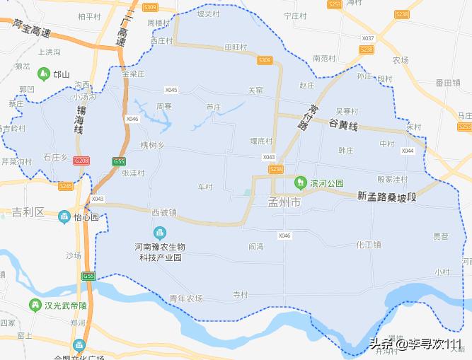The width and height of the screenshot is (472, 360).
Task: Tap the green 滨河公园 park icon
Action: (x=300, y=182)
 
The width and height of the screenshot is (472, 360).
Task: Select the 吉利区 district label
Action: (x=28, y=212)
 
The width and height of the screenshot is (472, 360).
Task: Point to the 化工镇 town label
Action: (x=368, y=245)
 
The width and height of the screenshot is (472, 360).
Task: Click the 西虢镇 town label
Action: (x=163, y=211)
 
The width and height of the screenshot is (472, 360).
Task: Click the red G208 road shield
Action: (x=81, y=161)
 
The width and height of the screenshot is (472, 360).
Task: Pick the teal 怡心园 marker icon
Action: (x=64, y=216)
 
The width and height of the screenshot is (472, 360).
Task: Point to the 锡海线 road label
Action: (x=79, y=121)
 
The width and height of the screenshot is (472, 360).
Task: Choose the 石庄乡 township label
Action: (x=54, y=157)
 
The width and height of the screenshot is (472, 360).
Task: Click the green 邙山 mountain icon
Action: (x=42, y=74)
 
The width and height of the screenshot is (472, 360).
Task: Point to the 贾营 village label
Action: (x=440, y=236)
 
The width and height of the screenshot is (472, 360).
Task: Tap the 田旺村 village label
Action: (x=236, y=47)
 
